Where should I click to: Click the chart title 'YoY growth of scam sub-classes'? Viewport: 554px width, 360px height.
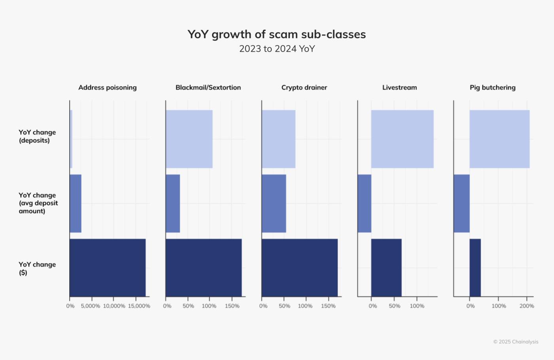(277, 34)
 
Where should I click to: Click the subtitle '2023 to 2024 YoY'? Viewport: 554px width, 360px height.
(277, 49)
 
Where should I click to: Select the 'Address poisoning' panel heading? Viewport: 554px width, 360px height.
(107, 87)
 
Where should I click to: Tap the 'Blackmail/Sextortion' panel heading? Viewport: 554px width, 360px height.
(208, 87)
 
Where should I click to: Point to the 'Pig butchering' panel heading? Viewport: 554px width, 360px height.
(492, 87)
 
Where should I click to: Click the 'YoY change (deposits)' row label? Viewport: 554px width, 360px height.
(37, 136)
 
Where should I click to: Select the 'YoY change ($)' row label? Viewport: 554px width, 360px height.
(37, 268)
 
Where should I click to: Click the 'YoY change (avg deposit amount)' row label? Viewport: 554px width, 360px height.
(38, 203)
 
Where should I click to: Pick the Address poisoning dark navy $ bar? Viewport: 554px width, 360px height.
(108, 267)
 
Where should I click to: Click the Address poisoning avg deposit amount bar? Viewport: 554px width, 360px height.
(76, 203)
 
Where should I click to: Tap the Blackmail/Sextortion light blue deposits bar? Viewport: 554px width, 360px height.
(189, 139)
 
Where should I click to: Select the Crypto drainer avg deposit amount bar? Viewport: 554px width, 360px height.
(274, 203)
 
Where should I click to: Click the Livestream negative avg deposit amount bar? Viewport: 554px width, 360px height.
(364, 203)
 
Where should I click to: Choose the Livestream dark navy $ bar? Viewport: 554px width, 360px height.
(386, 267)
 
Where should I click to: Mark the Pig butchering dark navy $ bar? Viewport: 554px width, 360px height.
(475, 267)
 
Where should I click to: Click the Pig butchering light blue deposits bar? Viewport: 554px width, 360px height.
(499, 139)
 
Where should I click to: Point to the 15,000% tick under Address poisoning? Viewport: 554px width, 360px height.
(139, 306)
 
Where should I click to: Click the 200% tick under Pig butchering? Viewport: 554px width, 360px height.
(527, 306)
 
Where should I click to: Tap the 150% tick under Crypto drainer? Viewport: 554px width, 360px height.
(328, 306)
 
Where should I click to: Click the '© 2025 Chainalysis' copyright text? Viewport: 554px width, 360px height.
(516, 342)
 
